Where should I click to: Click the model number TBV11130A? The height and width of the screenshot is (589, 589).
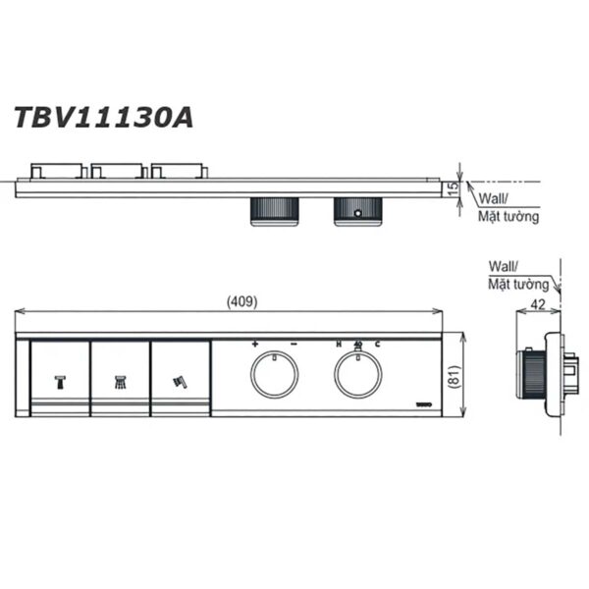pyautogui.click(x=102, y=118)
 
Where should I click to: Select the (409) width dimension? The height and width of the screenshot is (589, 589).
pyautogui.click(x=241, y=301)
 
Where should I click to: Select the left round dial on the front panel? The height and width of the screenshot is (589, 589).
pyautogui.click(x=274, y=374)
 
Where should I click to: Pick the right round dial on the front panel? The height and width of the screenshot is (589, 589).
pyautogui.click(x=358, y=374)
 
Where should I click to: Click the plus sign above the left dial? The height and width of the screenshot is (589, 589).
pyautogui.click(x=255, y=345)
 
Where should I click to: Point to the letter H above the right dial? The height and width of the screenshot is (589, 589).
pyautogui.click(x=339, y=345)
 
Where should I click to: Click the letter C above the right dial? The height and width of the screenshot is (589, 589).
pyautogui.click(x=378, y=345)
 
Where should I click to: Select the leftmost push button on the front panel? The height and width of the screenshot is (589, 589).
pyautogui.click(x=59, y=378)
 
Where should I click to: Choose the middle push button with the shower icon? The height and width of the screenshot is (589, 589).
pyautogui.click(x=119, y=378)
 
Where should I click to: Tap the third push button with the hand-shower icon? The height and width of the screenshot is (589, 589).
pyautogui.click(x=180, y=378)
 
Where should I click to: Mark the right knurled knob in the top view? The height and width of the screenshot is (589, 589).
pyautogui.click(x=357, y=211)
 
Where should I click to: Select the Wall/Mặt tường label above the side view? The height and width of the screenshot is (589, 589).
pyautogui.click(x=517, y=275)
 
